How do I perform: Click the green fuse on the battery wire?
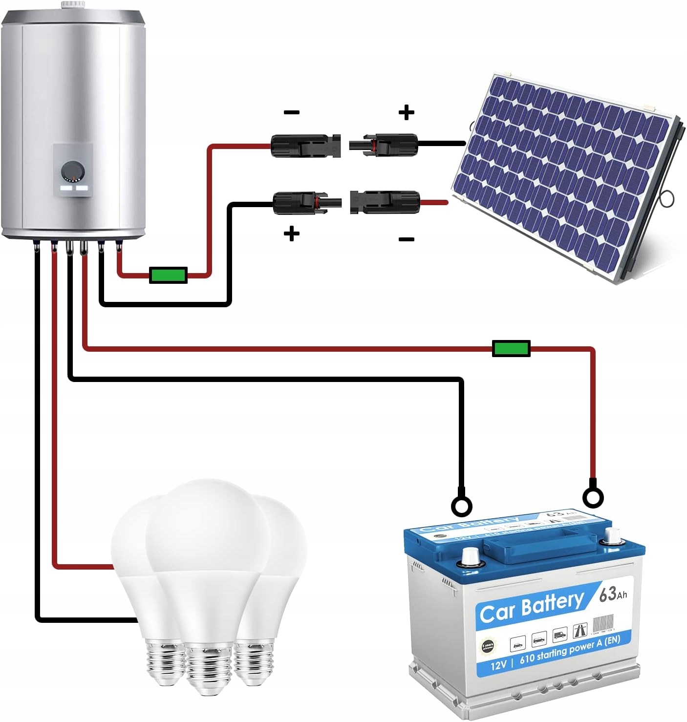click(511, 348)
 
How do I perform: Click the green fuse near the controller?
click(168, 275)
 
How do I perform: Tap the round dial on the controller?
click(73, 172)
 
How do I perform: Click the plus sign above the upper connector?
click(406, 113)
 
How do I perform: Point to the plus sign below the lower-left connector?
click(292, 234)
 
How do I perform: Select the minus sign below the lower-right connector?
click(406, 239)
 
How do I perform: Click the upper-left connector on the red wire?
click(305, 146)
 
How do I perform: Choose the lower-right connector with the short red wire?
click(386, 202)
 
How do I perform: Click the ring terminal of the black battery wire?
click(461, 506)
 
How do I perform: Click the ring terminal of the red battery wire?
click(593, 498)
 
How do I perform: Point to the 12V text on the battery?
click(498, 665)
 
